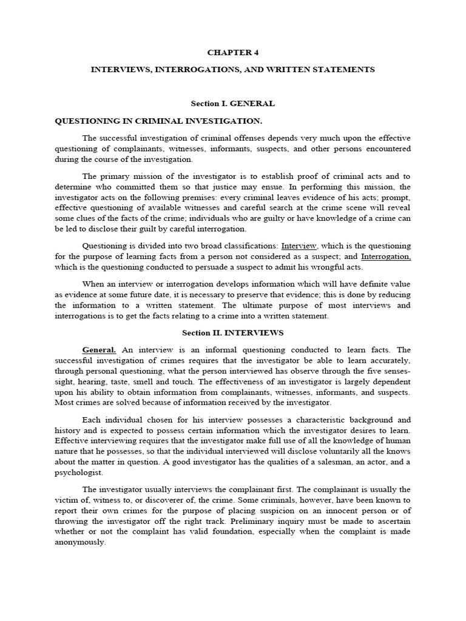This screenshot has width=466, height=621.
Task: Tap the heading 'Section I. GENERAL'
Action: point(233,104)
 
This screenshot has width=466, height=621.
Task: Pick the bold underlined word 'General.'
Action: point(100,350)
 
